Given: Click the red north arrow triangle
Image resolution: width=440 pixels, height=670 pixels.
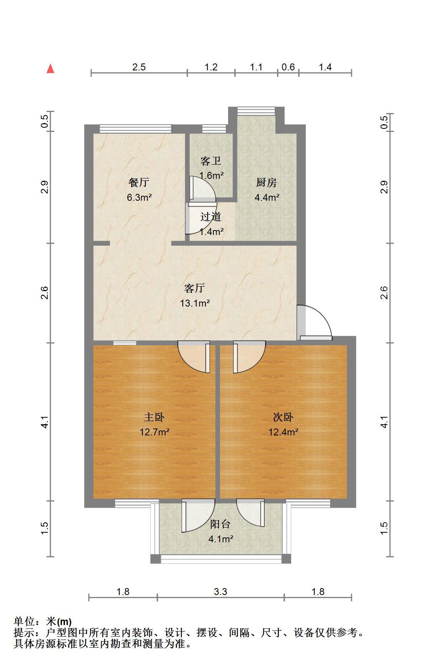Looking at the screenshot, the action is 50,68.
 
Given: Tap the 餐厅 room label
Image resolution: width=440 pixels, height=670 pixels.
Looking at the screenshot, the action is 139,183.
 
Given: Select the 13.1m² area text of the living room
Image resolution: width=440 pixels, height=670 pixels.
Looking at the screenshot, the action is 195,303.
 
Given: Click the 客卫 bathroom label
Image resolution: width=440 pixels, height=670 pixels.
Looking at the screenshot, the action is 211,161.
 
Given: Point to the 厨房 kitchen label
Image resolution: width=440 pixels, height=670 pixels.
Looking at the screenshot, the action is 267,183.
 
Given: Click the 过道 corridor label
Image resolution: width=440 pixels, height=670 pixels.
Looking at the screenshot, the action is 211,217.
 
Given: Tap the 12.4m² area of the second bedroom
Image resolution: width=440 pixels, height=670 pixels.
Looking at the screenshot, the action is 283,432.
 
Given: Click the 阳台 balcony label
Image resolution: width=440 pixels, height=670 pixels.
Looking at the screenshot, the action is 220,524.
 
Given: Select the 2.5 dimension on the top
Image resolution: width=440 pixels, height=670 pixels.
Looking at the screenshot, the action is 139,67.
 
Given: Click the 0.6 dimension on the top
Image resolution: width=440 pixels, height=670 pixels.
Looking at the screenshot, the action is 288,67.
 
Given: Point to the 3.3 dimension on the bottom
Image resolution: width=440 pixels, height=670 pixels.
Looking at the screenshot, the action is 220,592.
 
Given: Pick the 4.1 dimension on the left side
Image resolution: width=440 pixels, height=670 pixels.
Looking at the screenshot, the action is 45,422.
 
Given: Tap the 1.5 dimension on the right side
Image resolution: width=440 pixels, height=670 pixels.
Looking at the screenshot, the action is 384,528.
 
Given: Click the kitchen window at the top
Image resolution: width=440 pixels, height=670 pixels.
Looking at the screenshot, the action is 257,111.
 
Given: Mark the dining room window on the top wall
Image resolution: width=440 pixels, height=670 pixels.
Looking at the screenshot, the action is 135,129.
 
